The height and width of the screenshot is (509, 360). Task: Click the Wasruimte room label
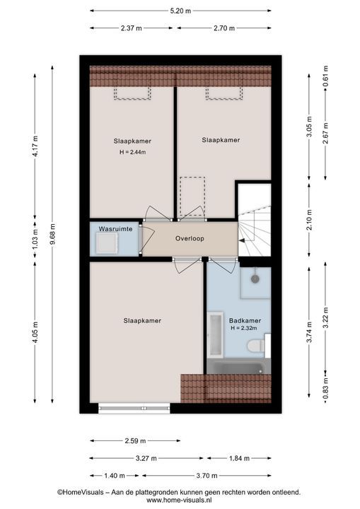coord(115,229)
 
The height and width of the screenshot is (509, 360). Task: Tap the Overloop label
coord(190,239)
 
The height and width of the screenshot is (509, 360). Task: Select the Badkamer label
coord(245,321)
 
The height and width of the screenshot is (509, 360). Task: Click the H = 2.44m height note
coord(132,152)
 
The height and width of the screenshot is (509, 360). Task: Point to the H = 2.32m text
coord(244,328)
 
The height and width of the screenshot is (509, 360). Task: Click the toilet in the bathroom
coord(257,346)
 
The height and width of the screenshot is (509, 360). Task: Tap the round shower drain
coord(255,279)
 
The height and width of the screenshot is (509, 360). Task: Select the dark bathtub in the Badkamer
coord(239,366)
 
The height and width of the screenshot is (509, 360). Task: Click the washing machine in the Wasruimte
coord(107,243)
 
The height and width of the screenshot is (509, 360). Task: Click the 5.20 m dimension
coord(180,11)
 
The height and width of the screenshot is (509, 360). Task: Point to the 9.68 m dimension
coord(52,235)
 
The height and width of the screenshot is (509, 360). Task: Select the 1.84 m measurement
coord(240,458)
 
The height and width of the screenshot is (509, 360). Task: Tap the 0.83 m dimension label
coord(325,388)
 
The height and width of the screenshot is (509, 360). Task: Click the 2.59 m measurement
coord(135,441)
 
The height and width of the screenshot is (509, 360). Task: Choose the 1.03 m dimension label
coord(35,240)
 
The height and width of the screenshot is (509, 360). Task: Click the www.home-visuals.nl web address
coord(179,501)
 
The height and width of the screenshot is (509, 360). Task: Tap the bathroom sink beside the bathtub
coord(215,334)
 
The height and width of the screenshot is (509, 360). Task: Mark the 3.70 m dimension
coord(207,476)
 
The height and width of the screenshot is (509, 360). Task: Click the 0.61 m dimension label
coord(325,76)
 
